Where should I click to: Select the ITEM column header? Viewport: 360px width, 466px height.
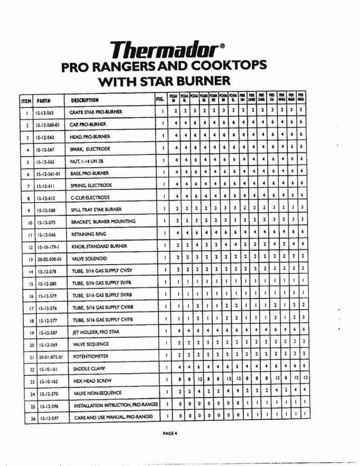(x=26, y=100)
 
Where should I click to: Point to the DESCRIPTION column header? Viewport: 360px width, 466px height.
(x=85, y=100)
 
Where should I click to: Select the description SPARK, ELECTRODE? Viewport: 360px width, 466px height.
(x=90, y=149)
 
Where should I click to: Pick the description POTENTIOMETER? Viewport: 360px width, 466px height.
(x=90, y=356)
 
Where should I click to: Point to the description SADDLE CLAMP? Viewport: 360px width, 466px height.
(x=89, y=368)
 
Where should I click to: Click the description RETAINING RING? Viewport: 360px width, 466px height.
(x=89, y=234)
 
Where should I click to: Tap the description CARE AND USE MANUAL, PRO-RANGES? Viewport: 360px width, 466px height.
(x=113, y=417)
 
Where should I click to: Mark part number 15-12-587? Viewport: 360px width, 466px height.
(x=46, y=332)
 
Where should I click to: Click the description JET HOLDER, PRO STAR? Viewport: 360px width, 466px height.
(x=96, y=332)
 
